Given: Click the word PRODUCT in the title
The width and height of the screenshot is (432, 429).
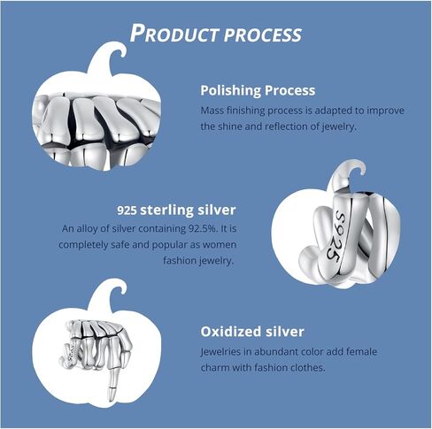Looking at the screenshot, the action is (x=174, y=33).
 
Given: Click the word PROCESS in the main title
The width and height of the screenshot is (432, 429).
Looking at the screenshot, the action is (x=263, y=34).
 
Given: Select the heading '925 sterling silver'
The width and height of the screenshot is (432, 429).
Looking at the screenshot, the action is (x=176, y=210).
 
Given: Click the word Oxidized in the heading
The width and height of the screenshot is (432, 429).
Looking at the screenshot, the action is (x=231, y=332).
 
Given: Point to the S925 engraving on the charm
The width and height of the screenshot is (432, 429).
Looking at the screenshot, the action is (x=336, y=235).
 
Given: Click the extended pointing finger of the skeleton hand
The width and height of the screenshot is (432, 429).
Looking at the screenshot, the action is (x=112, y=378).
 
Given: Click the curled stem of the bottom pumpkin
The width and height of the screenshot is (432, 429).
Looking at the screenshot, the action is (x=109, y=294).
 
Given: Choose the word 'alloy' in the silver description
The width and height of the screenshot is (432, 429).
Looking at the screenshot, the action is (x=87, y=229).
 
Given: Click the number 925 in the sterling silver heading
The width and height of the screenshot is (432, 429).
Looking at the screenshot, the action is (x=127, y=211).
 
